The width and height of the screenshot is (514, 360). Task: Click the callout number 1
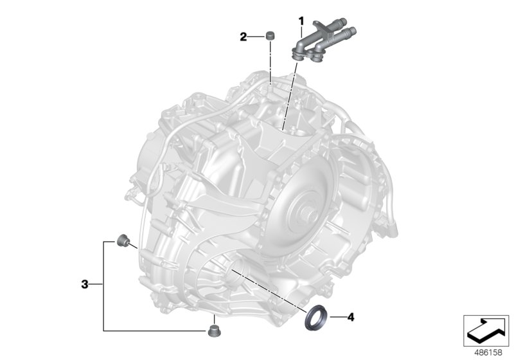pyautogui.click(x=300, y=21)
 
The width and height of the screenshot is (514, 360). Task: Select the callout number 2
pyautogui.click(x=244, y=37)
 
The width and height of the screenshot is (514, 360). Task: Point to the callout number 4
pyautogui.click(x=350, y=317)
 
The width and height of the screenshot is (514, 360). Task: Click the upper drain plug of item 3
pyautogui.click(x=122, y=242)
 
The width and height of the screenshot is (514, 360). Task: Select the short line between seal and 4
pyautogui.click(x=336, y=317)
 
